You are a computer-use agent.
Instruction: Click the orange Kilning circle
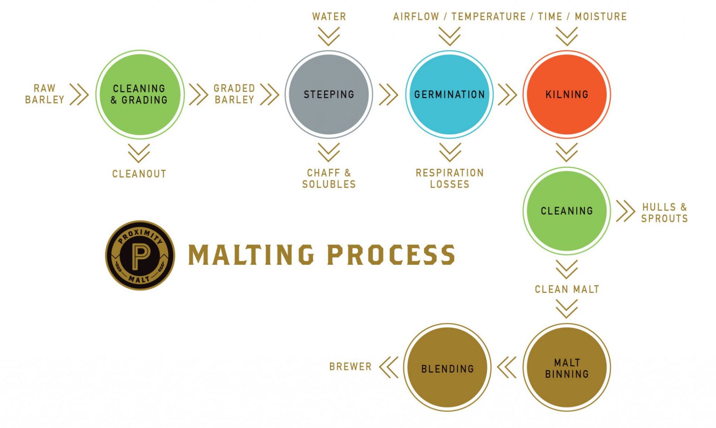tap(566, 94)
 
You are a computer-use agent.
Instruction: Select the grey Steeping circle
tap(329, 94)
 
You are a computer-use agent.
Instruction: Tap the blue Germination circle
tap(449, 94)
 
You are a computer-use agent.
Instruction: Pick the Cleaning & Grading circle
tap(140, 94)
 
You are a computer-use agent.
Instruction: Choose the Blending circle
tap(447, 368)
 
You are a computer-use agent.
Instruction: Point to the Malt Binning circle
tap(566, 368)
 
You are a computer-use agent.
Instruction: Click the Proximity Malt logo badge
tap(140, 255)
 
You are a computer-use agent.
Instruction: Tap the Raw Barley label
tap(44, 94)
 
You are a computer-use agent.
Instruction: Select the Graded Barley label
tap(234, 94)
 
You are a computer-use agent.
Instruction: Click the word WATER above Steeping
tap(329, 16)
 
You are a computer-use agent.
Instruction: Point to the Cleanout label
tap(139, 174)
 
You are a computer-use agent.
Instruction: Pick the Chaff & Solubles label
tap(329, 179)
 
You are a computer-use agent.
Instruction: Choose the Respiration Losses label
tap(450, 179)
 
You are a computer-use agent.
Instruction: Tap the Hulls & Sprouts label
tap(664, 213)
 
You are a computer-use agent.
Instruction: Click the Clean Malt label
tap(567, 289)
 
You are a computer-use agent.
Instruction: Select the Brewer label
tap(350, 367)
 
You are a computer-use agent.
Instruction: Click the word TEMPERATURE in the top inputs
tap(489, 16)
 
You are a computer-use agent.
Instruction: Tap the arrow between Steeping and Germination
tap(389, 94)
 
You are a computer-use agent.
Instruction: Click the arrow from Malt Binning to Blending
tap(507, 367)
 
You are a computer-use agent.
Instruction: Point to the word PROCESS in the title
tap(391, 255)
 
